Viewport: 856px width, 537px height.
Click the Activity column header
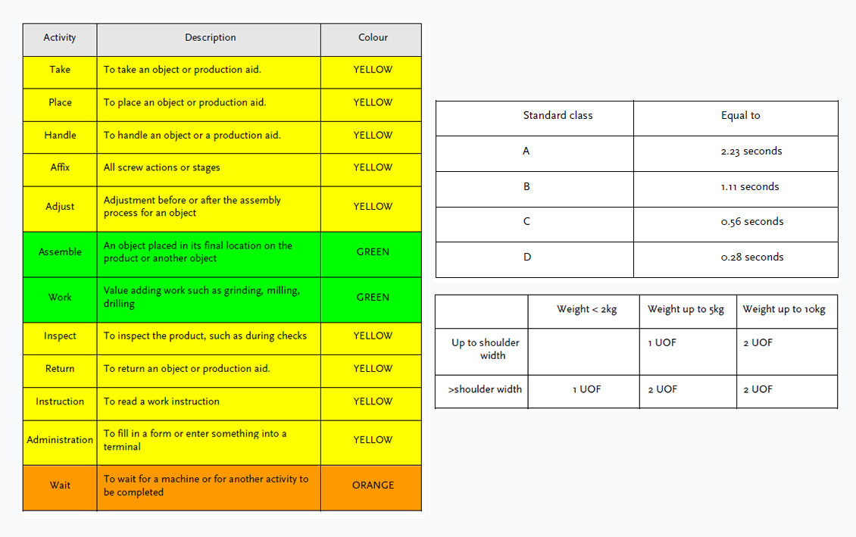click(60, 38)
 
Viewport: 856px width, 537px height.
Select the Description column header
click(210, 38)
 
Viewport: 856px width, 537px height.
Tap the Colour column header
click(373, 38)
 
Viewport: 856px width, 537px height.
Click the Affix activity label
click(60, 167)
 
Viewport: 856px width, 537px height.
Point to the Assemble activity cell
click(60, 252)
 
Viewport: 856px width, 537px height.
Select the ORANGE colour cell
click(373, 485)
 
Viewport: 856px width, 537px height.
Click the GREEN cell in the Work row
click(373, 298)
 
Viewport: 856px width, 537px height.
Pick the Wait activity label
click(60, 485)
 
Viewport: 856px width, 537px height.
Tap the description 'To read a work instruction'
click(161, 401)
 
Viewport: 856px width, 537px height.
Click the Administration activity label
click(60, 440)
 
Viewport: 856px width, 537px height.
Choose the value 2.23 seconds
click(751, 151)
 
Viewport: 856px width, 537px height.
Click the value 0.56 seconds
click(751, 222)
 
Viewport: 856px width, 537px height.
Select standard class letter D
click(526, 258)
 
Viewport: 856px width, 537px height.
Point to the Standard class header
click(558, 116)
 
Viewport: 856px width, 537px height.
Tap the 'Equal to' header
click(740, 116)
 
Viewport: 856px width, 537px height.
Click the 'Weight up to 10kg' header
click(784, 309)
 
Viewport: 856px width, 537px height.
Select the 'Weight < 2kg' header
click(586, 309)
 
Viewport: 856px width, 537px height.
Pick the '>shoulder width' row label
click(485, 389)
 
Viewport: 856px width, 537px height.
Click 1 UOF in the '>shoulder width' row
click(586, 389)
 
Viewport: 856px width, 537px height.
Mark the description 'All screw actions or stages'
click(161, 167)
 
